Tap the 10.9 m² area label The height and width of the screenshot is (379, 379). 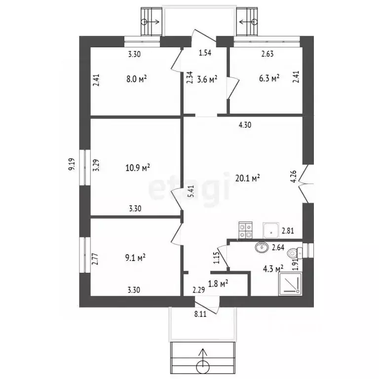coord(138,168)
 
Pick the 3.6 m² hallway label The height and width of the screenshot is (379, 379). coord(207,78)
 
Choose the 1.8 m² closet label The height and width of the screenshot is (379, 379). coord(218,283)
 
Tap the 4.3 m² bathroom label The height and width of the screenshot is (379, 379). coord(272,269)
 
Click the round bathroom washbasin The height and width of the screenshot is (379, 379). coord(260,247)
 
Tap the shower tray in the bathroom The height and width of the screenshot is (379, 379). coord(290,285)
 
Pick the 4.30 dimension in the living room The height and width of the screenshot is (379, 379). coord(245,125)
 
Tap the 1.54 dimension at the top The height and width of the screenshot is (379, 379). coord(205,54)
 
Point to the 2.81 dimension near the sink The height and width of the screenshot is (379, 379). coord(288,230)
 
